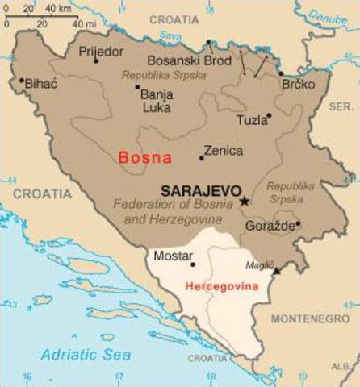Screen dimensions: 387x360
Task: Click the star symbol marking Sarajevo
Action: (244, 200)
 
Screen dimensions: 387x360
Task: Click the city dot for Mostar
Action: (192, 264)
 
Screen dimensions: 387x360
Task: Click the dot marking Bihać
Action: (22, 80)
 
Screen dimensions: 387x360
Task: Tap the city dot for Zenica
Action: (201, 157)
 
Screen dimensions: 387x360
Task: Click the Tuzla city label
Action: (249, 120)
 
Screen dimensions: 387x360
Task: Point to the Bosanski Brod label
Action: (182, 60)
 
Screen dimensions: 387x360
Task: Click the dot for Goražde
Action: (298, 224)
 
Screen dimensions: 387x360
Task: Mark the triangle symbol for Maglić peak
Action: (277, 272)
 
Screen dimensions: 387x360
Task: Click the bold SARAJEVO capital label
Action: (198, 192)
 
